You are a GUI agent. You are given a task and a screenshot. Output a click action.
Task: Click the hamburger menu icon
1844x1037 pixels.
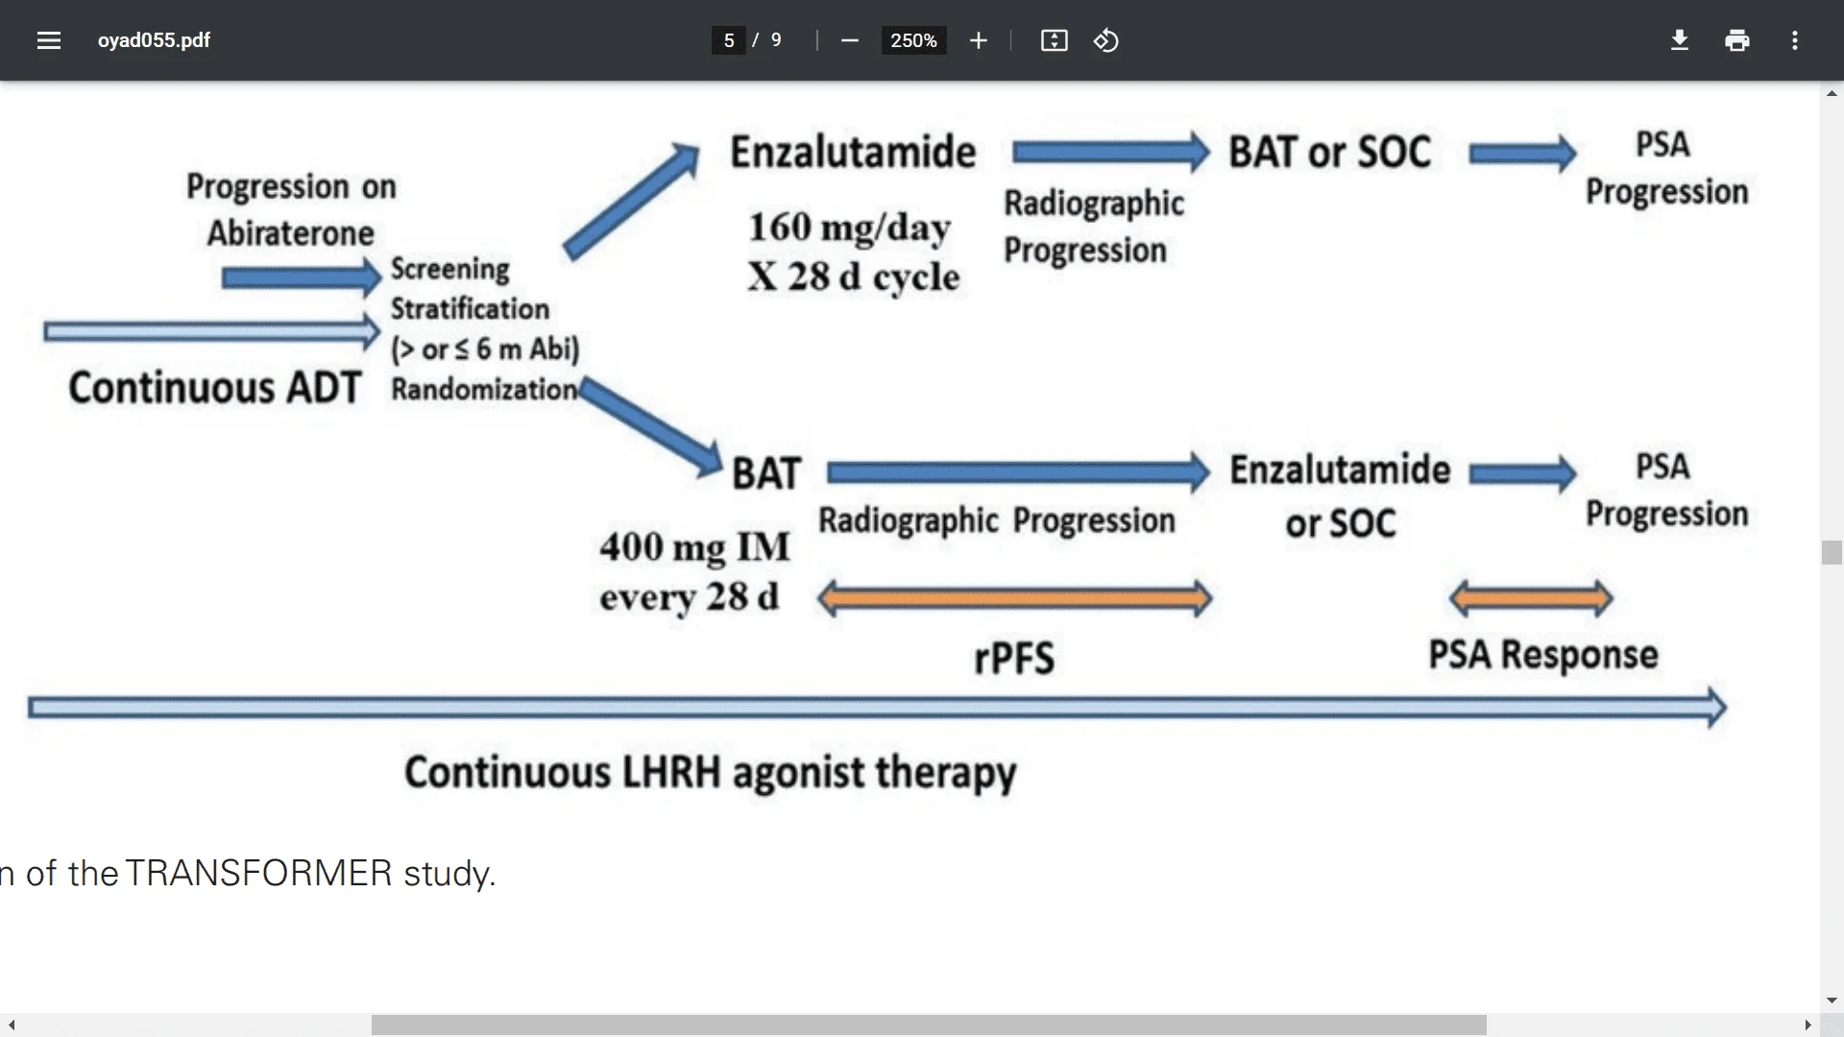click(x=49, y=40)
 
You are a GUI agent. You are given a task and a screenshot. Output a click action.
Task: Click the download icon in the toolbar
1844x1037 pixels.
click(x=1679, y=40)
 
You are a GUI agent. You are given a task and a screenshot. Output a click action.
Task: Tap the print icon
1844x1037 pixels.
click(x=1736, y=40)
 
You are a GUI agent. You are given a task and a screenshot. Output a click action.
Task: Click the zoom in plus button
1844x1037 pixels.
click(x=978, y=40)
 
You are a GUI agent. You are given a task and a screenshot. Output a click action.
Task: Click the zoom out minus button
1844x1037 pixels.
click(x=849, y=40)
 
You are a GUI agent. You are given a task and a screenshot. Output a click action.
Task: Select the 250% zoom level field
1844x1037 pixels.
click(x=913, y=40)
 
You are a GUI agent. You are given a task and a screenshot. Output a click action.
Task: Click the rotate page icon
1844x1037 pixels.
click(x=1105, y=40)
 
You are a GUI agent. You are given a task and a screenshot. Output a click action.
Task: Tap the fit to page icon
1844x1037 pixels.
click(x=1054, y=40)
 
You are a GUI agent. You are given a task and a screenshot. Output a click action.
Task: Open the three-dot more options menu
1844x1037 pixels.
click(x=1794, y=40)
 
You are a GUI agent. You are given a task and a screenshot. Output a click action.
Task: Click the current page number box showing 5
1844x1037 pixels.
click(x=729, y=40)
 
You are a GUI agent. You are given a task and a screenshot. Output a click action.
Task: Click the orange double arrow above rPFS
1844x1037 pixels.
click(x=1014, y=599)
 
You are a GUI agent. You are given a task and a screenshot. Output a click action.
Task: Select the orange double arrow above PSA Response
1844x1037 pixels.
click(x=1530, y=599)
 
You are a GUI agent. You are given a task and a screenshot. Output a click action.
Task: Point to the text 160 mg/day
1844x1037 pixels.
click(x=849, y=228)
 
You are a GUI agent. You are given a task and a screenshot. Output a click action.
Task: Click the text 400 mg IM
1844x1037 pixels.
click(x=694, y=547)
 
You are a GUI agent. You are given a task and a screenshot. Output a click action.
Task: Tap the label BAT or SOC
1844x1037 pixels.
click(x=1329, y=153)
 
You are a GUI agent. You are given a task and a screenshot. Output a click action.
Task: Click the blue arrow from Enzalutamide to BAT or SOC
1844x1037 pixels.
click(x=1109, y=153)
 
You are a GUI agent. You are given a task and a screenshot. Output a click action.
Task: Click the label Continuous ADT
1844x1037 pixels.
click(x=213, y=388)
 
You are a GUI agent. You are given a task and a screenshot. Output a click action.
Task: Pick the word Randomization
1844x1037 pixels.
click(x=483, y=390)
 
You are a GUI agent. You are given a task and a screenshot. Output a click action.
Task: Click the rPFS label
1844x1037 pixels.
click(x=1014, y=659)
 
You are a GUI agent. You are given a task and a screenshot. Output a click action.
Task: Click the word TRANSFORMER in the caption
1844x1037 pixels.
click(x=258, y=874)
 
